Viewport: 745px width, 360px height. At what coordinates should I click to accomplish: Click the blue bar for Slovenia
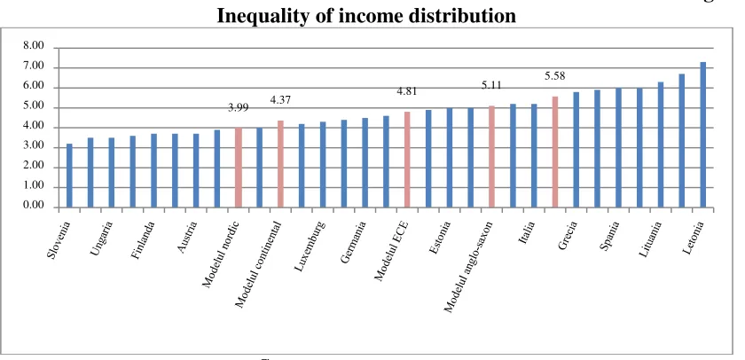pos(69,176)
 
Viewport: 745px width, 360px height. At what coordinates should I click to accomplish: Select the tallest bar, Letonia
pos(702,135)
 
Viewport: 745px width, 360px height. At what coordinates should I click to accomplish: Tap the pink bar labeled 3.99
pos(238,168)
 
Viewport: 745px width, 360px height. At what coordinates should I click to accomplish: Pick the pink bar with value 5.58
pos(555,152)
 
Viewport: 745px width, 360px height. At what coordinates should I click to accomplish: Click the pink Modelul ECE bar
pos(407,159)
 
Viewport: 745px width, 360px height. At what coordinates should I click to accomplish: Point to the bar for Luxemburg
pos(302,165)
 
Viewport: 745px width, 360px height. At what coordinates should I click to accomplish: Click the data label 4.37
pos(280,100)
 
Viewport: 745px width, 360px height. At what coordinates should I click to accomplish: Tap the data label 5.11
pos(491,85)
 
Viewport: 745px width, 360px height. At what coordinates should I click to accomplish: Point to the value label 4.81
pos(407,91)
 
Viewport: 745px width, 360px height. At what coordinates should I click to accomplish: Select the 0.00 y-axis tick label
pos(34,207)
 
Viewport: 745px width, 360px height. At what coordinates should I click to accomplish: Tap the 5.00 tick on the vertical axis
pos(34,107)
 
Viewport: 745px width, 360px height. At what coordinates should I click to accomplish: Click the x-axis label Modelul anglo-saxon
pos(469,267)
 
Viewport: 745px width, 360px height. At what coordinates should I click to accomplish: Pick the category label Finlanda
pos(144,239)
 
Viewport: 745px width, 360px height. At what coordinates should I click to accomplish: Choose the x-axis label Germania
pos(354,242)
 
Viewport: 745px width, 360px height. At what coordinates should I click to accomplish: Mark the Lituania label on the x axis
pos(650,239)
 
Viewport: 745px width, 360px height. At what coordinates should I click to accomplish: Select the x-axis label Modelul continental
pos(259,264)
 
